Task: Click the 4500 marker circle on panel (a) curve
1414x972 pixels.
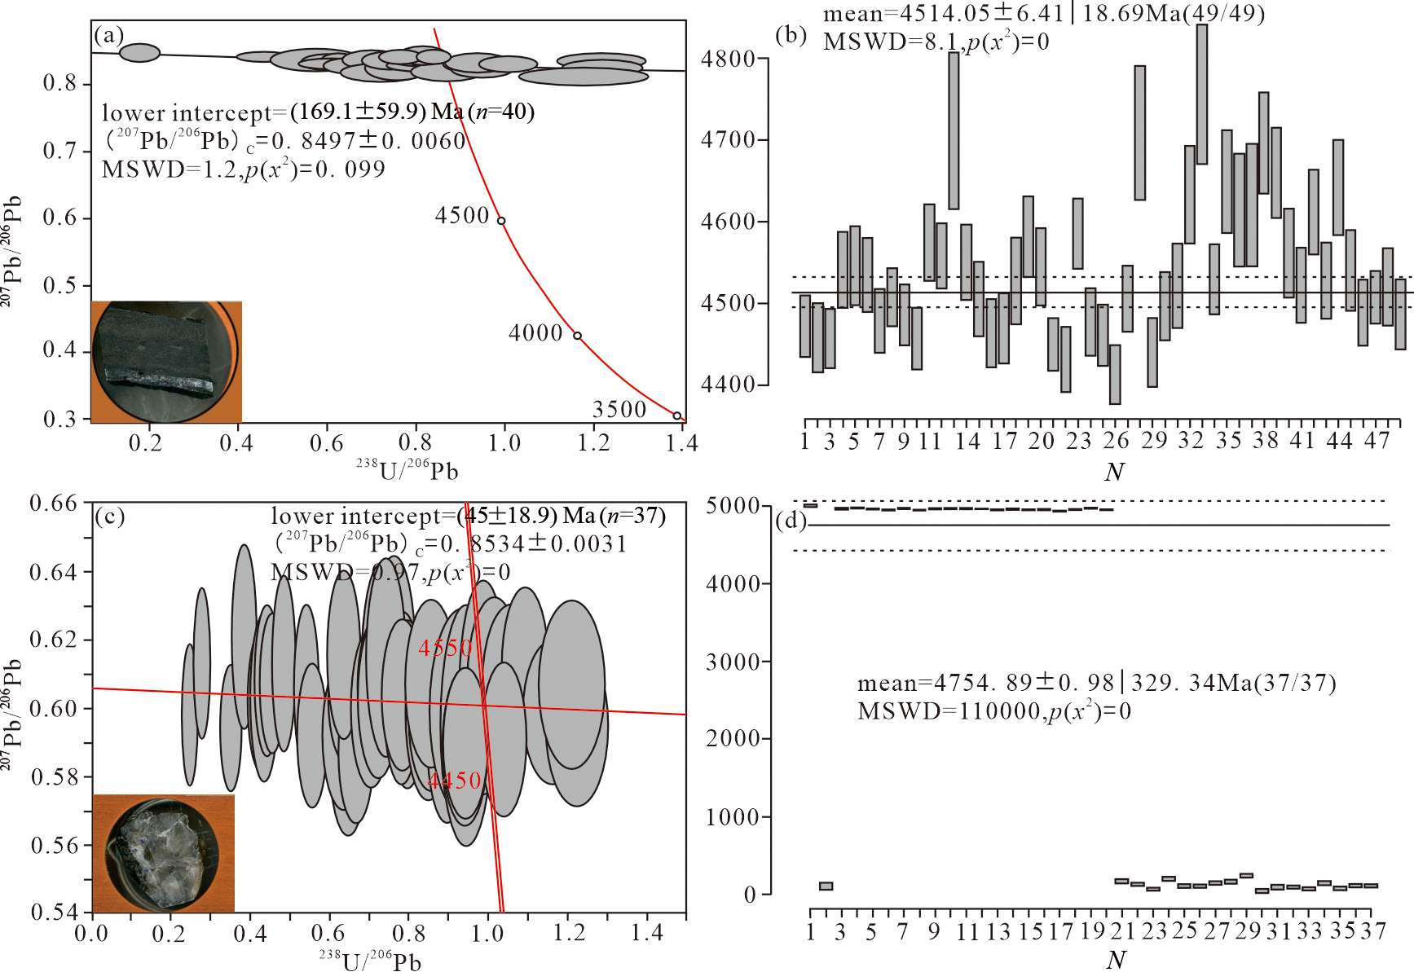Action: coord(501,221)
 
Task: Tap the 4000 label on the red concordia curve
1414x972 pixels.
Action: coord(535,333)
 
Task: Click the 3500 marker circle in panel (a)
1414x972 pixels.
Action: coord(677,416)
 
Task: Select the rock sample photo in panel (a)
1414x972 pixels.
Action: coord(166,362)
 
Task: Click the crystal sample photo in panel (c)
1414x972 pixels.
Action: coord(163,853)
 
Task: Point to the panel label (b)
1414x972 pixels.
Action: coord(791,35)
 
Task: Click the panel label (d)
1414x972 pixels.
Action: coord(791,521)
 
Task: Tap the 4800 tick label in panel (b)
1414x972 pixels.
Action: coord(728,59)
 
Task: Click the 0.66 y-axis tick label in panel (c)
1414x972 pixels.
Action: coord(53,504)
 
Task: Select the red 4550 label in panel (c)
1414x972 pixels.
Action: coord(445,648)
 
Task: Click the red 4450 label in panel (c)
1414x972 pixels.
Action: coord(455,781)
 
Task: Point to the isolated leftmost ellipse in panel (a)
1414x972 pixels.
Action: coord(139,53)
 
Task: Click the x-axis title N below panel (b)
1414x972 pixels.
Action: coord(1114,472)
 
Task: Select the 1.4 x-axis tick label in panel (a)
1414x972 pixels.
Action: coord(681,443)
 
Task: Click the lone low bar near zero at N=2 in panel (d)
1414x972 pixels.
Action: coord(826,886)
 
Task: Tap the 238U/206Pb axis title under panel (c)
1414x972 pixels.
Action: coord(370,961)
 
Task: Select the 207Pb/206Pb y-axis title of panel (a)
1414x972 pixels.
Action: coord(11,251)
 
